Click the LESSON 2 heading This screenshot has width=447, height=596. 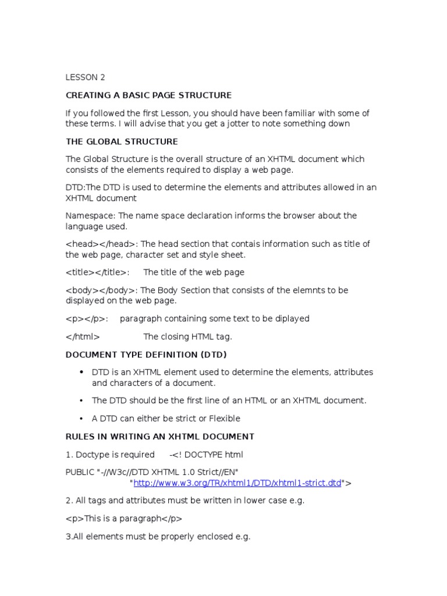tap(86, 77)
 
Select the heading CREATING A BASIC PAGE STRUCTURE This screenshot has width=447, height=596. tap(148, 95)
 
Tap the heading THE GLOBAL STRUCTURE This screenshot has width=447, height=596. tap(122, 141)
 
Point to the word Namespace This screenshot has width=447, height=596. tap(90, 215)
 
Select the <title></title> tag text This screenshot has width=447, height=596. tap(97, 272)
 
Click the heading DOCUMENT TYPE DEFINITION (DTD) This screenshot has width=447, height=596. tap(146, 354)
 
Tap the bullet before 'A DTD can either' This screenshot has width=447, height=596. tap(80, 418)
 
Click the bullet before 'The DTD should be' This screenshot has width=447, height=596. tap(80, 400)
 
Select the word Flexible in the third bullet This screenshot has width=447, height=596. tap(221, 418)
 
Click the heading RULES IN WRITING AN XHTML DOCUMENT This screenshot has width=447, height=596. tap(160, 437)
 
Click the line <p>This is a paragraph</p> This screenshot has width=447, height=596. tap(124, 518)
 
